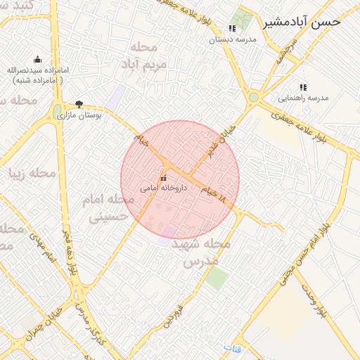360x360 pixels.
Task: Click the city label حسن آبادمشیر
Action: [x=302, y=22]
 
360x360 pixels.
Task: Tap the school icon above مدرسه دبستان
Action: [x=232, y=29]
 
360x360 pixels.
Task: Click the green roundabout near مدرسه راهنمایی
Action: [x=253, y=98]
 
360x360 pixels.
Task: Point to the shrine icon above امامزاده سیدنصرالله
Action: [x=37, y=60]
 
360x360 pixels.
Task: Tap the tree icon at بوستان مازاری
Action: [x=79, y=103]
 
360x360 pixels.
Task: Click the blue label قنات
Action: [x=233, y=348]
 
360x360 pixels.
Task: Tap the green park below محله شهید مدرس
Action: [x=217, y=278]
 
